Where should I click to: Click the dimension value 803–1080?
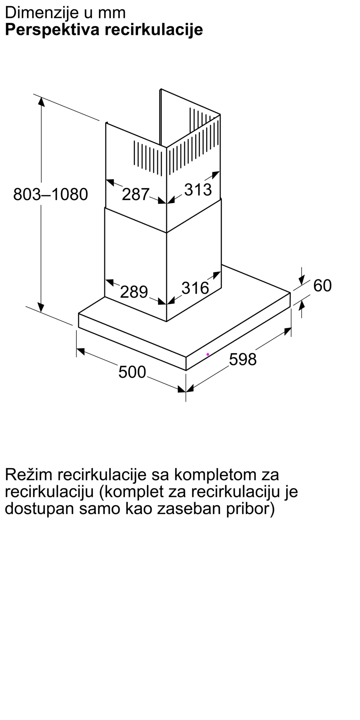coord(50,194)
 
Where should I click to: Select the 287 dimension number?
coord(135,194)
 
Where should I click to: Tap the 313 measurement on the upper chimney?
coord(198,190)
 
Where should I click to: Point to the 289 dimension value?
coord(134,292)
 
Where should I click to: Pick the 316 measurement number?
coord(195,288)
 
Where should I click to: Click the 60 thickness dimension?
coord(322,285)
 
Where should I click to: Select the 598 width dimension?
coord(243,359)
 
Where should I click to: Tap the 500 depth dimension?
coord(132,372)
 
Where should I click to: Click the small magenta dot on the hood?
coord(208,355)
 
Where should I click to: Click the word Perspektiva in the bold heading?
coord(52,30)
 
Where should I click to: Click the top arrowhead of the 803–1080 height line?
coord(41,102)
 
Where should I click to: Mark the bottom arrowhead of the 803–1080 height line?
coord(41,307)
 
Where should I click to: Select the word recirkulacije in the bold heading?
coord(154,30)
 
